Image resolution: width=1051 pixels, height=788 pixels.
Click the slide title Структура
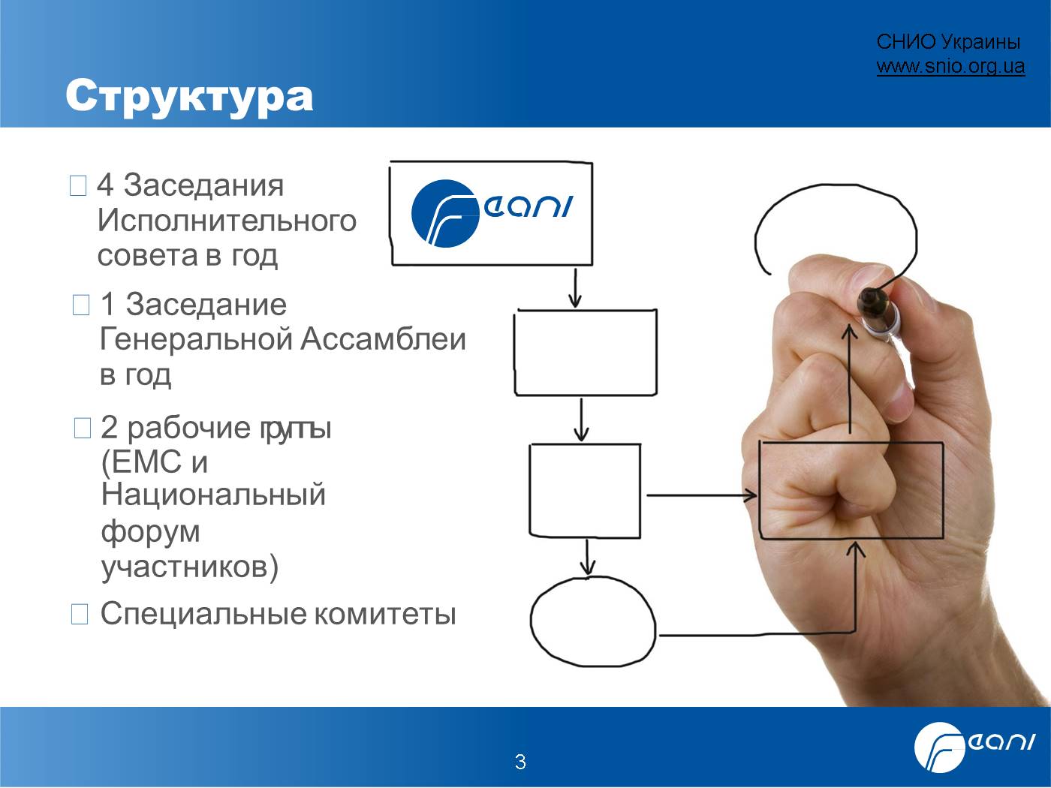189,97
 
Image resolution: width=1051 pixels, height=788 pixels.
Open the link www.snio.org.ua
951,66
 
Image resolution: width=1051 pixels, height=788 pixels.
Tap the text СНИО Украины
948,42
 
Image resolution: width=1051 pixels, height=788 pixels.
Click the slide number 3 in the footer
520,762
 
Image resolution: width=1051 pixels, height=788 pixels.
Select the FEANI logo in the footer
974,747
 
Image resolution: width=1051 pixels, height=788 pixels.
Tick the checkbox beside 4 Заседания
78,185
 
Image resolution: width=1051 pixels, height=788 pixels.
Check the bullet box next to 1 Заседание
81,305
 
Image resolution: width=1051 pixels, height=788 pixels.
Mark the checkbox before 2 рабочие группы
83,428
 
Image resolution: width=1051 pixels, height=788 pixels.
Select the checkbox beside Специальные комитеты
80,614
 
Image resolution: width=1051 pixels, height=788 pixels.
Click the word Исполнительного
227,221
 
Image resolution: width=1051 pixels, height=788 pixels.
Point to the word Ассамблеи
383,339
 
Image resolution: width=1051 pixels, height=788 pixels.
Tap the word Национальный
213,495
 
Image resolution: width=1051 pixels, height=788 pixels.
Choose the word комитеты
385,614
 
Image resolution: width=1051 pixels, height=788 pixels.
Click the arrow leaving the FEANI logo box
575,287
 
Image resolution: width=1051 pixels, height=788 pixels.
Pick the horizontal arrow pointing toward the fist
701,495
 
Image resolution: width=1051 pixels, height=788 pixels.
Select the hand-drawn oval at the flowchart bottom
593,621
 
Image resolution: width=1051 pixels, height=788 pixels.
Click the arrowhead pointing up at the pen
849,331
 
